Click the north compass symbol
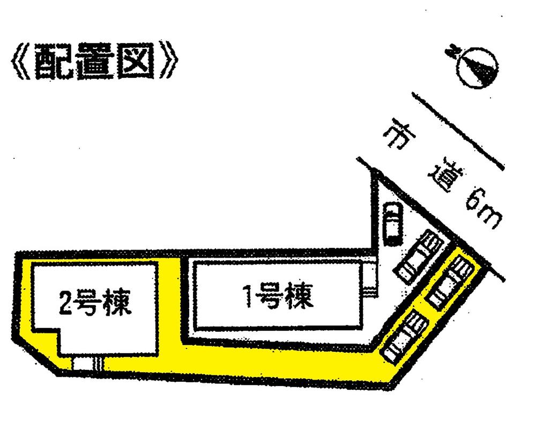tap(479, 67)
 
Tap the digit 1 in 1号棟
tap(249, 296)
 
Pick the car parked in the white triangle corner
tap(392, 223)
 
